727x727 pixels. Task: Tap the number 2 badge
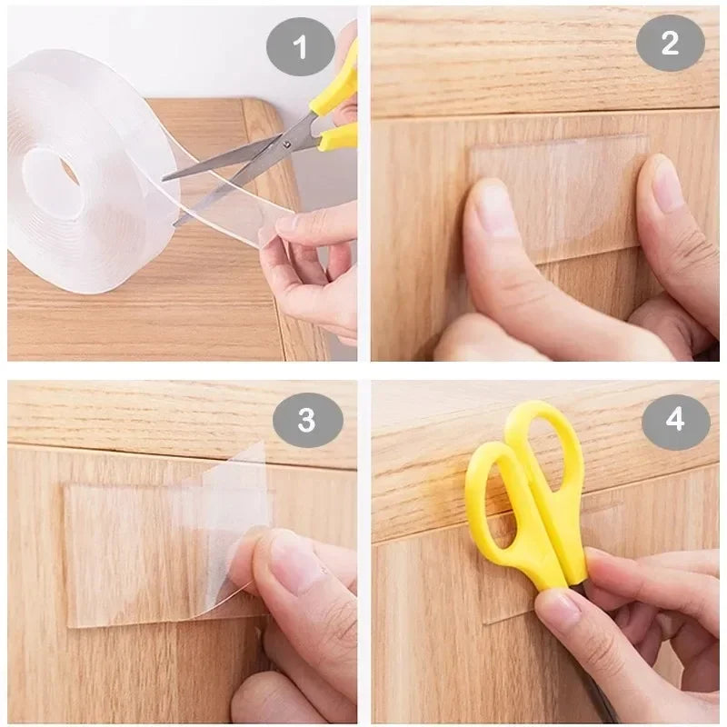pyautogui.click(x=670, y=44)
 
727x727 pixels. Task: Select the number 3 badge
pyautogui.click(x=307, y=420)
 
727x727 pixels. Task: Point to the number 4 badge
pyautogui.click(x=674, y=420)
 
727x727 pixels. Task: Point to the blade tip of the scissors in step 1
pyautogui.click(x=165, y=176)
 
